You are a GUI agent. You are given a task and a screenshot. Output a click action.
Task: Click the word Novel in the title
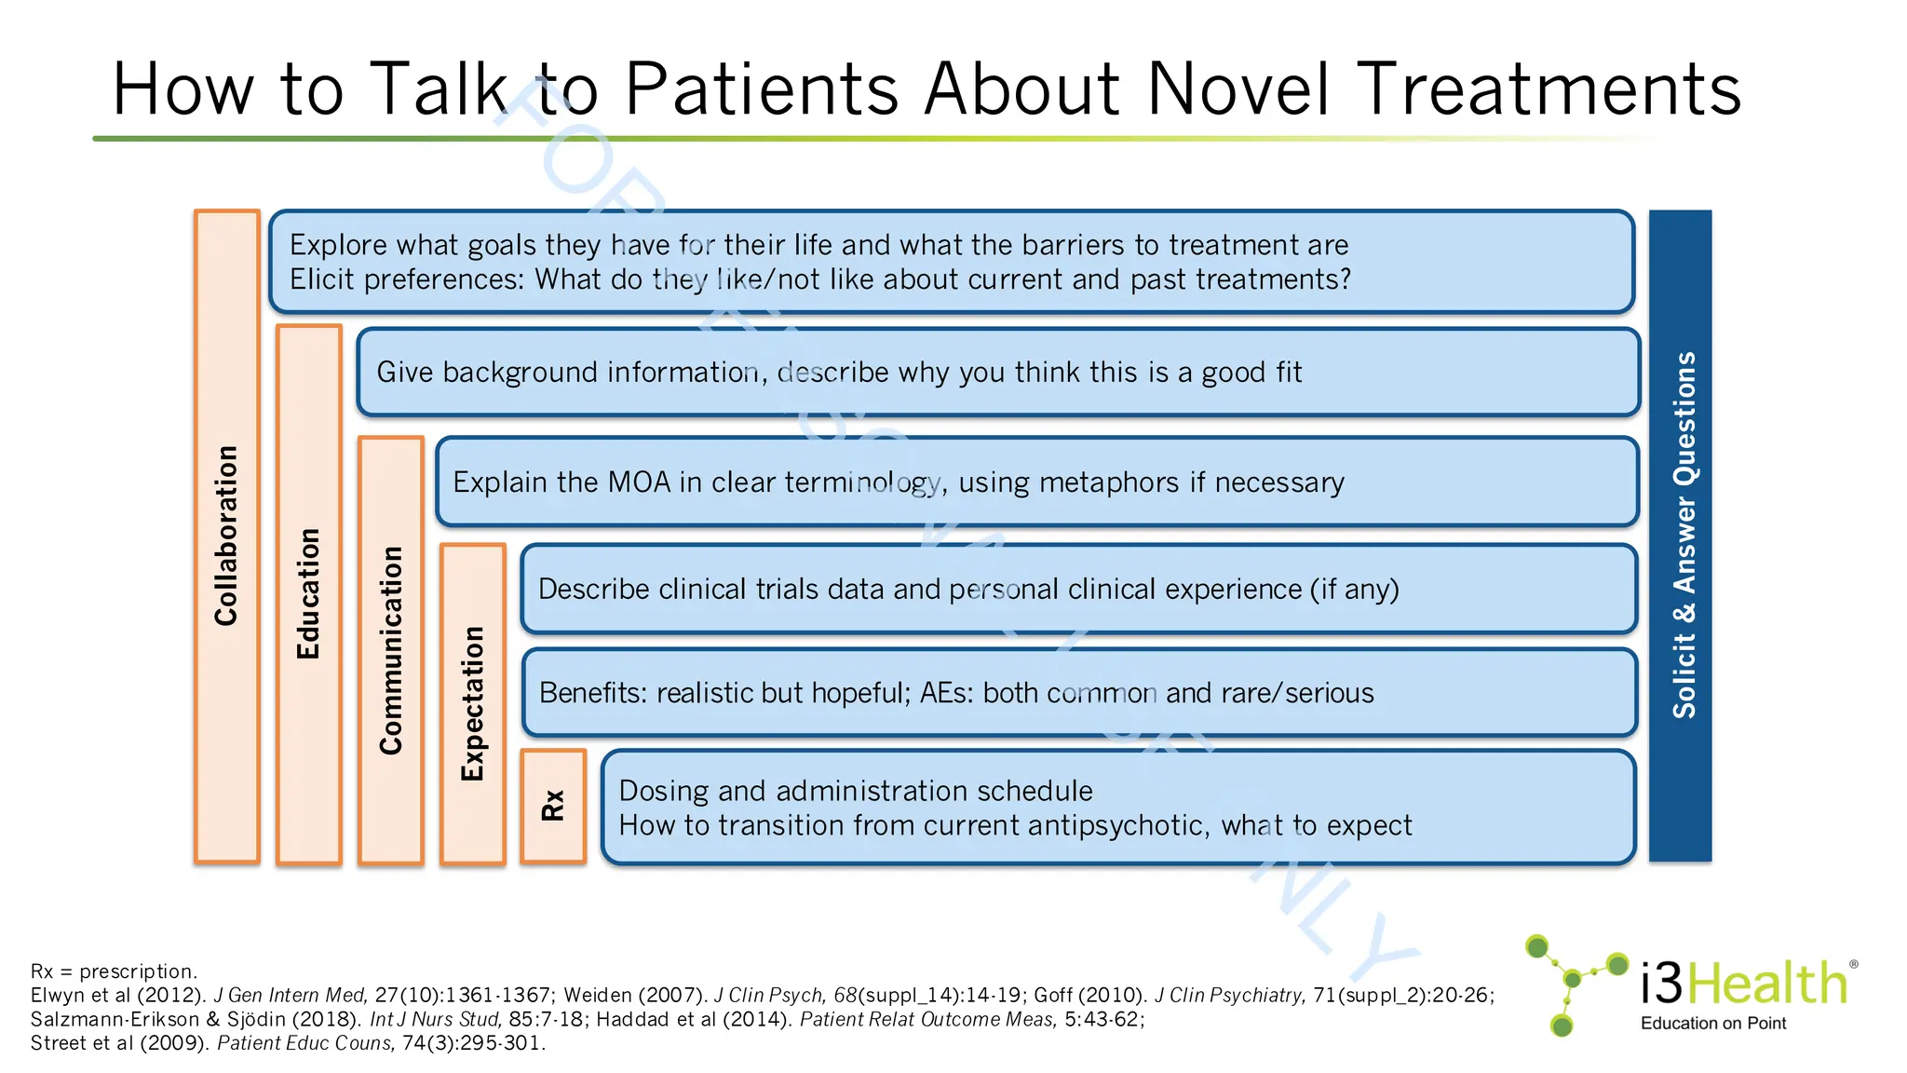tap(1238, 89)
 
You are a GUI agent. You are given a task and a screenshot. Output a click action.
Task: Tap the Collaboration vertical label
tap(227, 536)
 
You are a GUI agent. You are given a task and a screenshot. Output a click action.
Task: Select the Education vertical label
tap(308, 594)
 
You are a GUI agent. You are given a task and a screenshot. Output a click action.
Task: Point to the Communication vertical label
tap(390, 650)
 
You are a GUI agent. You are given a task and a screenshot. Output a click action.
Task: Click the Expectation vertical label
tap(473, 703)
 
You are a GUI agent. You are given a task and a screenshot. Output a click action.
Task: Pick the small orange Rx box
tap(553, 806)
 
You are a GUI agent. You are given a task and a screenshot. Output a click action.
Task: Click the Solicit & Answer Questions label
tap(1684, 535)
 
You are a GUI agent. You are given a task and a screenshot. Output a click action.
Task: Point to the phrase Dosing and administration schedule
tap(855, 791)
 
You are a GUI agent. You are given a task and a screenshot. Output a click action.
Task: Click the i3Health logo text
tap(1743, 984)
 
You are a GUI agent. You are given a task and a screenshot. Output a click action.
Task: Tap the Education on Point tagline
tap(1713, 1024)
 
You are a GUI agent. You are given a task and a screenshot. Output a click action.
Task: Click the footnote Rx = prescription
tap(114, 971)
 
